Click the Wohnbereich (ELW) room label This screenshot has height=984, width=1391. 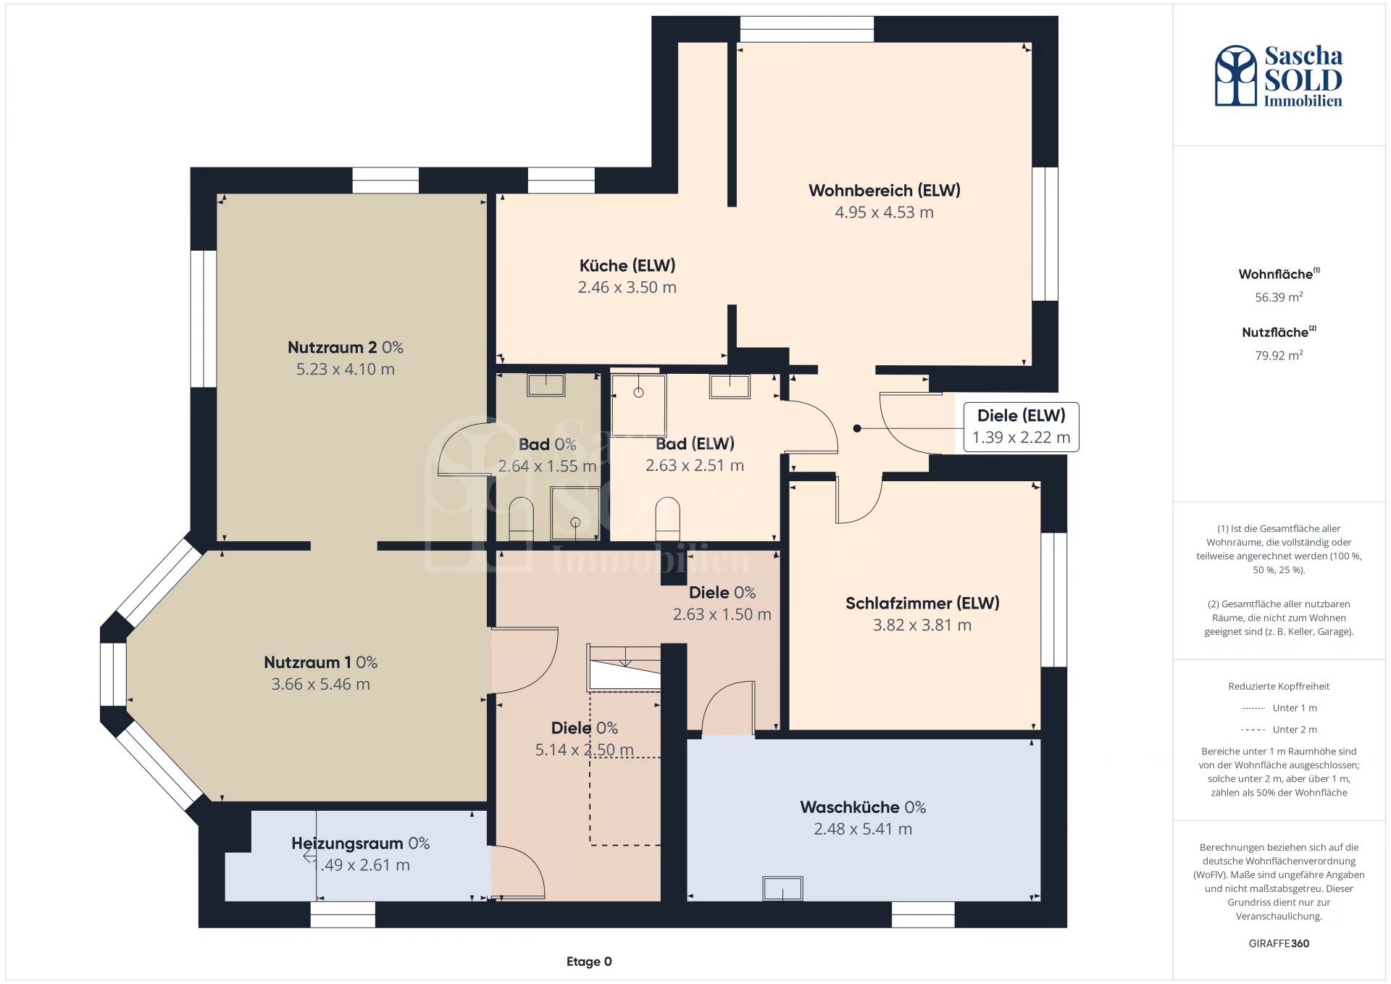884,191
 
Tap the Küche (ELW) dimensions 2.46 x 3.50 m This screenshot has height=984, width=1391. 627,288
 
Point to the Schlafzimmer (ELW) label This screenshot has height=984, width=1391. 922,604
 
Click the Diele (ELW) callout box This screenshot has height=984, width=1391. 1021,427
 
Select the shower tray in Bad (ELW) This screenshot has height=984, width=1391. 638,405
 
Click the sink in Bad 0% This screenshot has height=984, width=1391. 546,385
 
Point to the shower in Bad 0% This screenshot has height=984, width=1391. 575,514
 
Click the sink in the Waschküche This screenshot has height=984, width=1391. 782,888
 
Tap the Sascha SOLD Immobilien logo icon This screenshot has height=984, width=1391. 1235,75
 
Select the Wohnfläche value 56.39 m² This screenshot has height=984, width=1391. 1279,297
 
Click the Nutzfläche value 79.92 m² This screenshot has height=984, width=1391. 1279,355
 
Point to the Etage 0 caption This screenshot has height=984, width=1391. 589,962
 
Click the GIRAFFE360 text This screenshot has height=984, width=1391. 1279,943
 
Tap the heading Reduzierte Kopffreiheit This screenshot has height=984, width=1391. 1279,686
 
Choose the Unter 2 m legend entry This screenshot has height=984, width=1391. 1279,730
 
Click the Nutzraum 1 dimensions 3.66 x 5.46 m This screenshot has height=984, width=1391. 320,685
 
